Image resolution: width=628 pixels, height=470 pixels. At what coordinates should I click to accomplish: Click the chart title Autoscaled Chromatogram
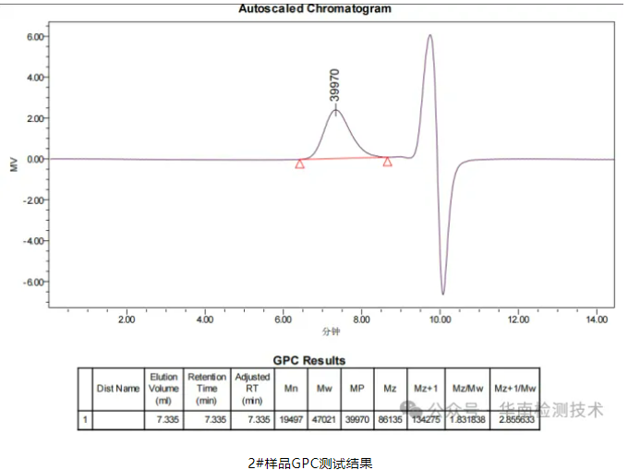[314, 9]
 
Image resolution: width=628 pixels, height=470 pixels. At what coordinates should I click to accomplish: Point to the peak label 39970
[335, 85]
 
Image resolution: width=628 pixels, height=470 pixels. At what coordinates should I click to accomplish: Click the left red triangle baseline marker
[300, 163]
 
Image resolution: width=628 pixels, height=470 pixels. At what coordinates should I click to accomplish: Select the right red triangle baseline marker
[387, 162]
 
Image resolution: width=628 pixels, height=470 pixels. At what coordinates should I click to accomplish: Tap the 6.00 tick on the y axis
[36, 37]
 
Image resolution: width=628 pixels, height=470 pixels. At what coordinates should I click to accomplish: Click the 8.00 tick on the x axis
[362, 319]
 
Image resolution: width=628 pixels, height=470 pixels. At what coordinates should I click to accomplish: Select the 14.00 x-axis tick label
[598, 319]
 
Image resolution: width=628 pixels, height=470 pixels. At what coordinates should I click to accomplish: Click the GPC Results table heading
[309, 360]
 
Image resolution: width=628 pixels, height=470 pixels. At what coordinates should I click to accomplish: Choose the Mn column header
[291, 389]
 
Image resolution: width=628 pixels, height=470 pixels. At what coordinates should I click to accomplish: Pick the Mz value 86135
[390, 419]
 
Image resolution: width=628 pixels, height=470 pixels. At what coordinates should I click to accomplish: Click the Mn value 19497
[291, 419]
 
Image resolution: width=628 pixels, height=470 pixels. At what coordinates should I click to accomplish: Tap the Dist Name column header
[118, 389]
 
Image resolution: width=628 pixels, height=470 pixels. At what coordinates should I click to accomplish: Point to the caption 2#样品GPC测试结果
[309, 461]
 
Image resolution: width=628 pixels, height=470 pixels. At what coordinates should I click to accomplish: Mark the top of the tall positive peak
[429, 36]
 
